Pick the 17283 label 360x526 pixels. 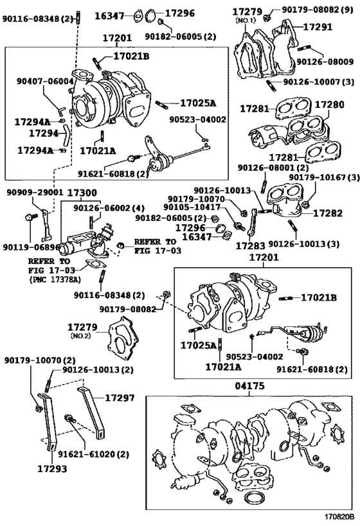(x=250, y=245)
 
